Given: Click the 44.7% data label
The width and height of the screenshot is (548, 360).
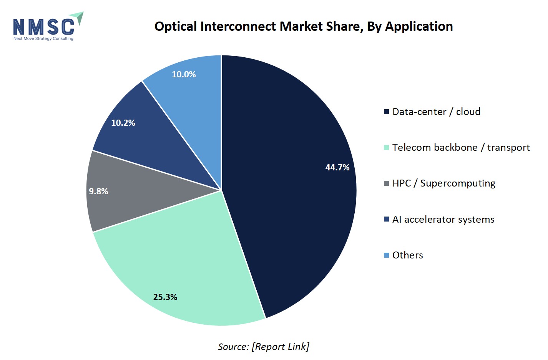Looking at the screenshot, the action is [337, 168].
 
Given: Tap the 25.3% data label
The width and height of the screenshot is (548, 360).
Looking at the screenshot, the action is [165, 297].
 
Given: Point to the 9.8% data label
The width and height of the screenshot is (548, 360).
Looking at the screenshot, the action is [98, 191].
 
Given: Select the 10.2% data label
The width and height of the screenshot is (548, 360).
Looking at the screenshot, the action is [123, 123].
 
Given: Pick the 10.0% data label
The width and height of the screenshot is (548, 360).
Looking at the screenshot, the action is [184, 75].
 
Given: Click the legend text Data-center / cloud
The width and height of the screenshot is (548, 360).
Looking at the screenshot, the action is [437, 112].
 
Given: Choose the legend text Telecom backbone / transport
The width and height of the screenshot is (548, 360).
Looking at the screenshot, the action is [461, 147].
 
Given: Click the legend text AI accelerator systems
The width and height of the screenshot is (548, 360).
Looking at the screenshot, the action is [443, 219].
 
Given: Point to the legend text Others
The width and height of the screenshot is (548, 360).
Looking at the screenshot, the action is [408, 255].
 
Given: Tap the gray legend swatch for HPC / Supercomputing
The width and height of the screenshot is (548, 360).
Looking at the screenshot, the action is [387, 183].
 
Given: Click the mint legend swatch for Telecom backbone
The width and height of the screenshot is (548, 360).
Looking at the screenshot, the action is [387, 147].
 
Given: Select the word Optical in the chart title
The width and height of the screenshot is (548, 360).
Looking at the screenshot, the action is [176, 27].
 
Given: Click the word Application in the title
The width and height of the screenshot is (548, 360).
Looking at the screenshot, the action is [419, 27].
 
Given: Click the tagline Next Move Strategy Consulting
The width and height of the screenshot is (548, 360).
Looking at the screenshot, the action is [43, 38].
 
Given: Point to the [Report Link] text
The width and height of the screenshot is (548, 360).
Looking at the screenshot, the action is [281, 347].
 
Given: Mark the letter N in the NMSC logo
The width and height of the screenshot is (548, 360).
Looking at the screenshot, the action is [19, 27].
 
